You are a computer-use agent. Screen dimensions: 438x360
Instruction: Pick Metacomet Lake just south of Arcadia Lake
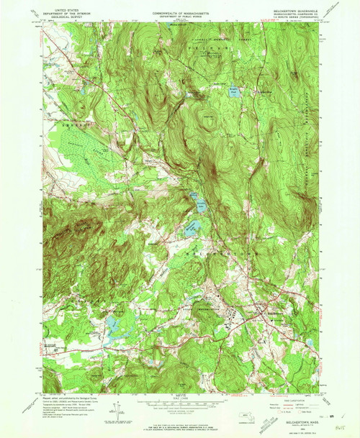pos(191,230)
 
